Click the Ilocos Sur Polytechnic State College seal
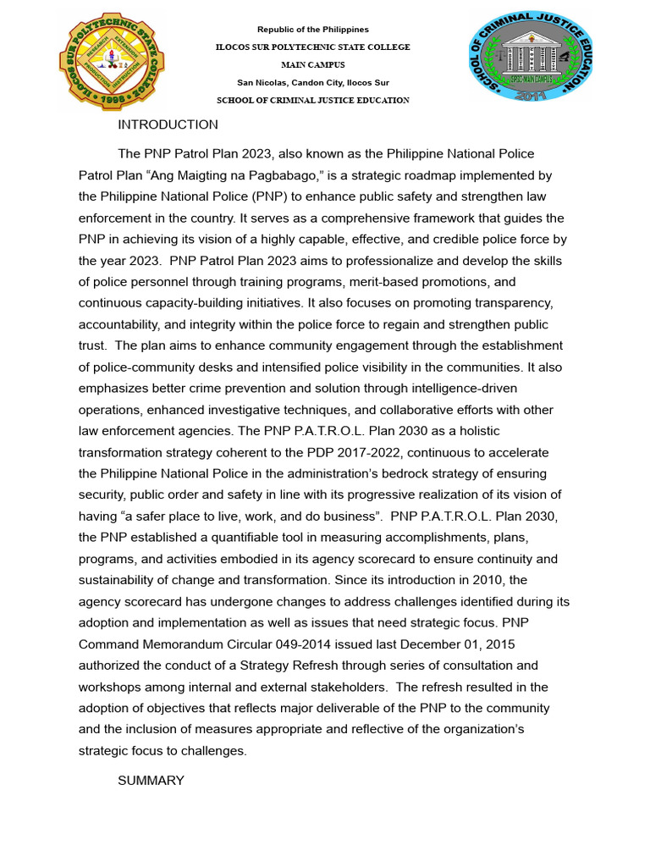coord(106,64)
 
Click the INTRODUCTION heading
coord(168,125)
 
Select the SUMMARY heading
coord(151,781)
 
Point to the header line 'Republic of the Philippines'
coord(313,30)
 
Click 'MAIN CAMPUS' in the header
coord(313,65)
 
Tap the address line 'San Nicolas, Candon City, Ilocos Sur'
coord(313,82)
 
